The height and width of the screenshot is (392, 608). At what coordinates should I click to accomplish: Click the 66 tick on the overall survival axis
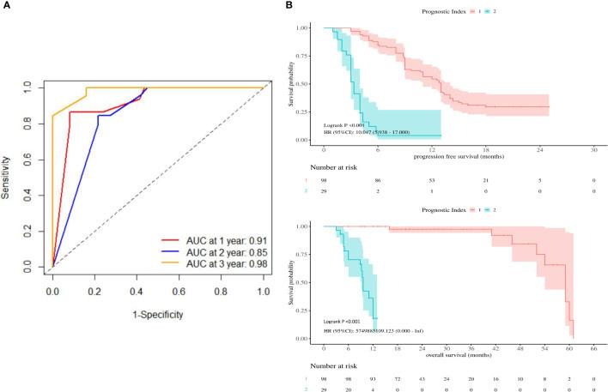[595, 347]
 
